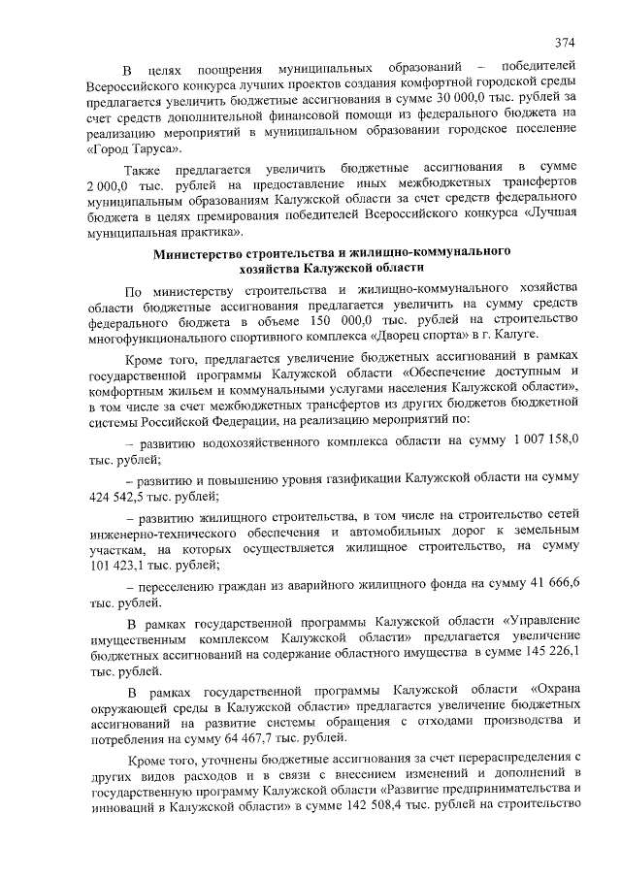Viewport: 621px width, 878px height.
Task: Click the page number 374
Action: coord(566,43)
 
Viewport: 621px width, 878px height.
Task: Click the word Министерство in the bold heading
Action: coord(206,252)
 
